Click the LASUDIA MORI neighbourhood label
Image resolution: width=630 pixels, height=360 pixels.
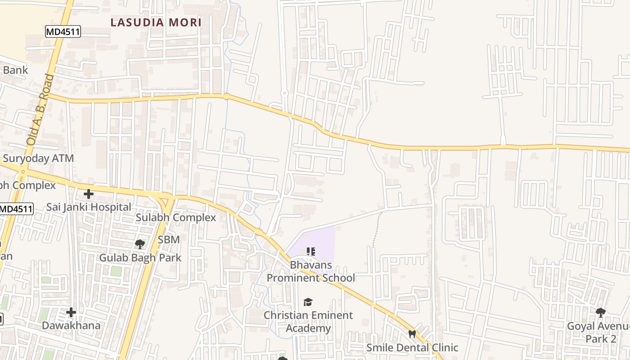click(156, 22)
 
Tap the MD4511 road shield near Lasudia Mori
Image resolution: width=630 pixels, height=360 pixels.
click(63, 31)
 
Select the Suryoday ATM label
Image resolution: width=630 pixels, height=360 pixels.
click(38, 158)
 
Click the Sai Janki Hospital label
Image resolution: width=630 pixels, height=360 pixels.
click(89, 207)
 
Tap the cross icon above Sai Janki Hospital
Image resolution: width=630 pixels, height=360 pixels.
click(89, 194)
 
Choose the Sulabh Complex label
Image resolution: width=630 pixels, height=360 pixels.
click(176, 218)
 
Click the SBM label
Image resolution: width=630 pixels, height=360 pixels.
click(169, 240)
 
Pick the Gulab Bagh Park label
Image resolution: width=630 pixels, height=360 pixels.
click(140, 257)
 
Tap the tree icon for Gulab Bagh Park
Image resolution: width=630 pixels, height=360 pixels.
click(140, 244)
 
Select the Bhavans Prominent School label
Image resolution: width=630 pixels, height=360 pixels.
click(311, 271)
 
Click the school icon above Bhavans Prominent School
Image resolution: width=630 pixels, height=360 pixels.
click(311, 251)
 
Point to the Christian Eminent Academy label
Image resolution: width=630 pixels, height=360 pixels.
click(308, 321)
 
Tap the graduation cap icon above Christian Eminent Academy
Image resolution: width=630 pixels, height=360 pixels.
click(308, 302)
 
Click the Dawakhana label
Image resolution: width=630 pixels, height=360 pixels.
click(71, 325)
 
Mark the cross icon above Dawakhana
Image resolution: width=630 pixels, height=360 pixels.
click(71, 312)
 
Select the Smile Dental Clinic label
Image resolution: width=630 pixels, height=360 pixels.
click(412, 347)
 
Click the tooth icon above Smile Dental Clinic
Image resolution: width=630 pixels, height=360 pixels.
click(412, 334)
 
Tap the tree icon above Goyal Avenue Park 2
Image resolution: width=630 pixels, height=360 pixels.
click(600, 312)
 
